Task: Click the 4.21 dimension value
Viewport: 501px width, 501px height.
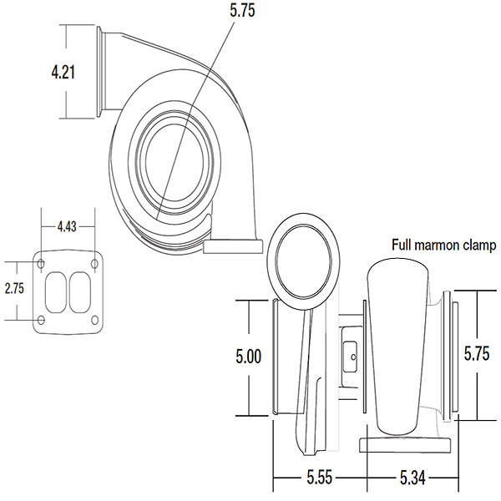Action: (63, 73)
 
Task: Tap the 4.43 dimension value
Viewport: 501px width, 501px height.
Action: (67, 226)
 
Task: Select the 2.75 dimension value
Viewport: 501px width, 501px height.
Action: (14, 289)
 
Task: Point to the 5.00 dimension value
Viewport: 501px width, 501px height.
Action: (249, 357)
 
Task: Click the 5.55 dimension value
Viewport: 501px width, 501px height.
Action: (320, 478)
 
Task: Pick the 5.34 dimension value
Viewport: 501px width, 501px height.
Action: (412, 478)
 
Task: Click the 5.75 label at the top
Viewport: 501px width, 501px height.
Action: (242, 10)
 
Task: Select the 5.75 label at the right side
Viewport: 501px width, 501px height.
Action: (477, 354)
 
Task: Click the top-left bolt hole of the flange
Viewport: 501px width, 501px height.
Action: (41, 264)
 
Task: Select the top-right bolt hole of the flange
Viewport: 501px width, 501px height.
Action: (94, 264)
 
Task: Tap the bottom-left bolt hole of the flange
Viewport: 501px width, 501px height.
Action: (41, 320)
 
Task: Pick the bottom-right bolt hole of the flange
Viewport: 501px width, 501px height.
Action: (94, 320)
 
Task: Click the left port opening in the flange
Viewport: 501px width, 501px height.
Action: (56, 292)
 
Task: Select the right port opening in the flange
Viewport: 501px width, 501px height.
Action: (80, 292)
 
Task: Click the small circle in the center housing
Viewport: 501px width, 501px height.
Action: (353, 357)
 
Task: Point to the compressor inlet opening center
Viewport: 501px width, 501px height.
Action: (175, 162)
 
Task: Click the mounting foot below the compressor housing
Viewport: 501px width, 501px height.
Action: (233, 246)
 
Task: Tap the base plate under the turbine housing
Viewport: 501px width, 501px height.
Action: (405, 445)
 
